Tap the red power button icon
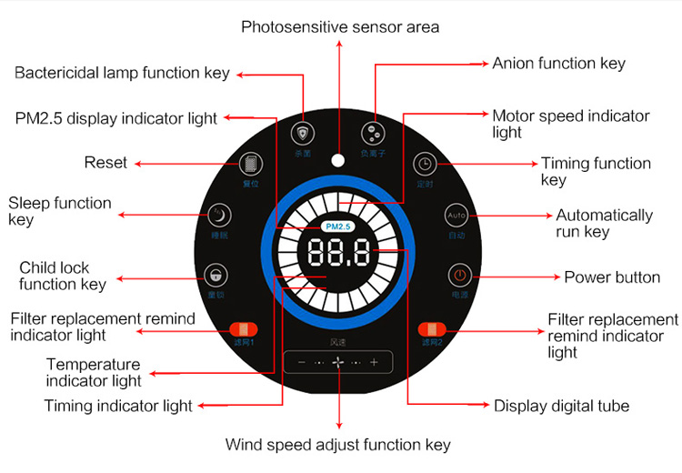tap(460, 275)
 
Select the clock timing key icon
tap(425, 164)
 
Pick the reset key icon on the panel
tap(249, 165)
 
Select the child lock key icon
tap(215, 274)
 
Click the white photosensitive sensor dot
tap(338, 161)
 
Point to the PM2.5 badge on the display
tap(337, 226)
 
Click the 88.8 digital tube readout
tap(337, 254)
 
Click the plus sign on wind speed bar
tap(374, 362)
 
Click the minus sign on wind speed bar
tap(302, 362)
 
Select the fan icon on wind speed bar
tap(338, 362)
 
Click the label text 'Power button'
tap(612, 277)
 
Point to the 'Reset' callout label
tap(105, 163)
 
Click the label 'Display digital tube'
tap(561, 406)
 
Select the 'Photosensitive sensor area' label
tap(340, 26)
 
